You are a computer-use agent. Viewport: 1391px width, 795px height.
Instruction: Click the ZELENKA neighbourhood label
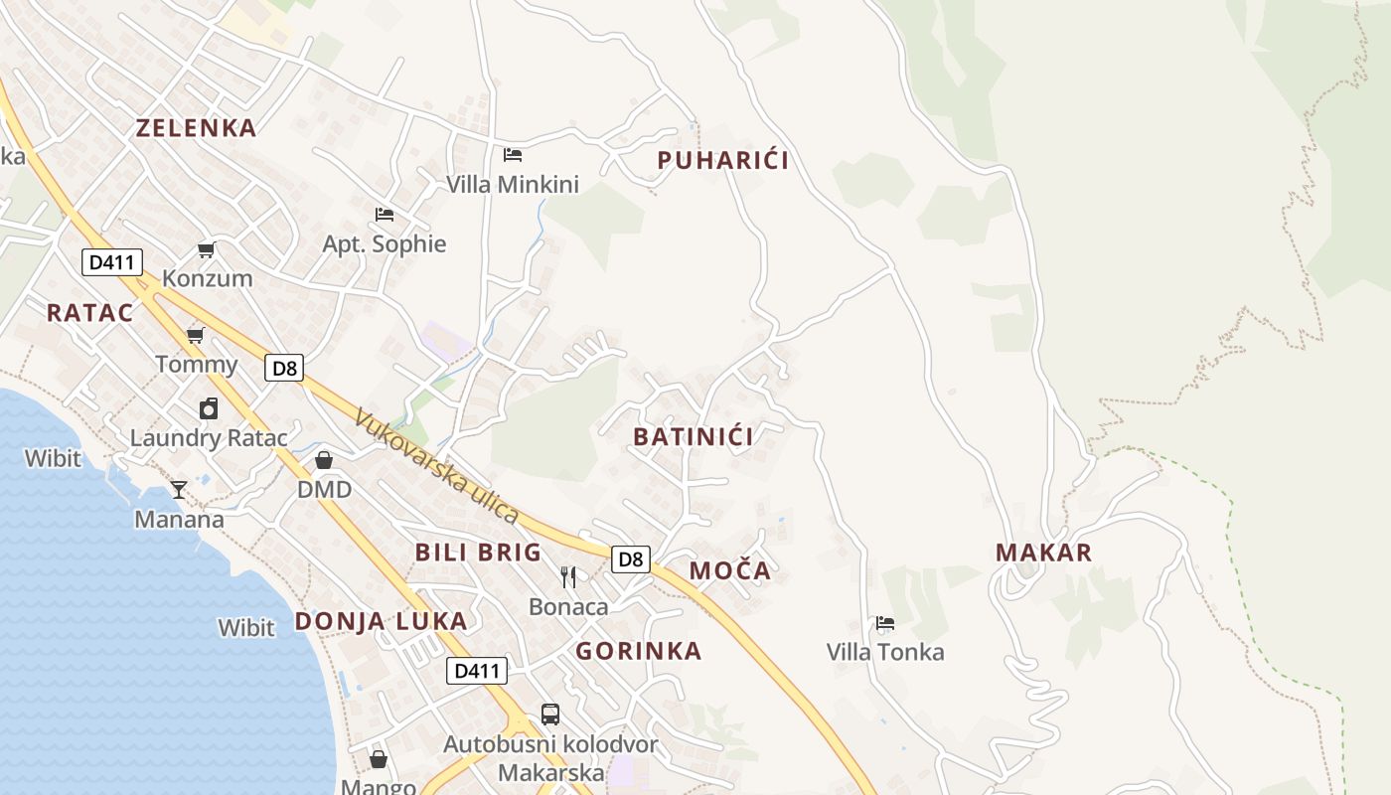196,127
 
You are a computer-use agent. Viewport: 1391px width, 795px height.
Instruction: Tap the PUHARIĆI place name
723,160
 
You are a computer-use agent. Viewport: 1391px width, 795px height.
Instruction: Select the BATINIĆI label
694,436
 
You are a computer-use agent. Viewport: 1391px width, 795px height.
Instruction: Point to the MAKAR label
1043,553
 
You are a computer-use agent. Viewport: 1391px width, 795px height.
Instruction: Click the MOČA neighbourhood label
730,570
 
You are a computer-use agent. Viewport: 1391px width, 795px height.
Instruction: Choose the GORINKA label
639,651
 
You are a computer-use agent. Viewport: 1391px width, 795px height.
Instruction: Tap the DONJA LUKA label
381,621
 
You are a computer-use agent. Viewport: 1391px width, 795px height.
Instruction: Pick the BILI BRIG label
478,553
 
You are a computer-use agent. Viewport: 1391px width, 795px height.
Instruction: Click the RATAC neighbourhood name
89,312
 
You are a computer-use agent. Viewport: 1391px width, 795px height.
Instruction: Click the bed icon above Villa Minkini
513,154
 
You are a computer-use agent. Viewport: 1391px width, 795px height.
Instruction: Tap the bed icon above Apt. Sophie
385,214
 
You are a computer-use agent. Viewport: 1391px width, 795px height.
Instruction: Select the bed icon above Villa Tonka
885,623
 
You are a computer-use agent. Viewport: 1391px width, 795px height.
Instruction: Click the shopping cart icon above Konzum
207,249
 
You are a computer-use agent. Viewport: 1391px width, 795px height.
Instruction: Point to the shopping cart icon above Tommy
196,335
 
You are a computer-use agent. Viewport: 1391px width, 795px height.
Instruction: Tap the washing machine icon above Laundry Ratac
209,408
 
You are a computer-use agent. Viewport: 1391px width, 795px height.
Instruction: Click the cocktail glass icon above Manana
179,489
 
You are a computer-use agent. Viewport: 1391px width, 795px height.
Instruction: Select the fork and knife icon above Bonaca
568,576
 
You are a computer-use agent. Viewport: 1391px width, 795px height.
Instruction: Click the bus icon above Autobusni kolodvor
549,714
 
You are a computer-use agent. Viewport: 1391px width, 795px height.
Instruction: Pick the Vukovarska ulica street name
436,467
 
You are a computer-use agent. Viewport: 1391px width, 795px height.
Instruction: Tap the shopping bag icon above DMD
324,460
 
